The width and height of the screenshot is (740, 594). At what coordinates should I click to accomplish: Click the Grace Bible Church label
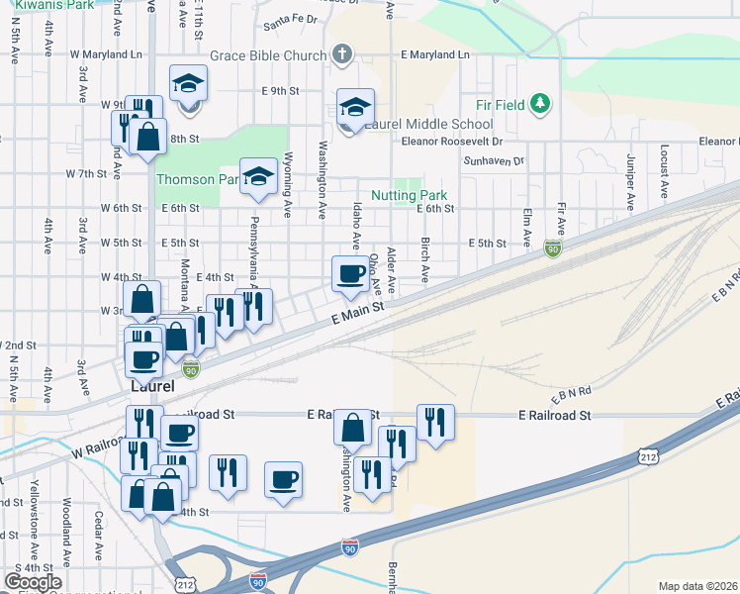pos(262,55)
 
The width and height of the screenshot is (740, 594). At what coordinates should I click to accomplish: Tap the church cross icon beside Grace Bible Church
pos(342,54)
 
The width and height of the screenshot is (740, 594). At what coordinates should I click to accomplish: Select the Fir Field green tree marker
pos(539,103)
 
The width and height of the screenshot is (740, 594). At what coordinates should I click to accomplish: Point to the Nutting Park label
pos(409,196)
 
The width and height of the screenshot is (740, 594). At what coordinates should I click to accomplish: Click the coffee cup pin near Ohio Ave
pos(349,274)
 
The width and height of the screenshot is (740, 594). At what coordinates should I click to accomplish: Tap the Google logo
pos(33,582)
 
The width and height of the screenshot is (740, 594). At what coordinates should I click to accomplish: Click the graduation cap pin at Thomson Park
pos(258,177)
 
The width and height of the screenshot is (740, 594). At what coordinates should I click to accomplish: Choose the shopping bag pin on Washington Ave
pos(352,429)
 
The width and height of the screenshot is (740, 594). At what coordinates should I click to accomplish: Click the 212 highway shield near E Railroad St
pos(648,456)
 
